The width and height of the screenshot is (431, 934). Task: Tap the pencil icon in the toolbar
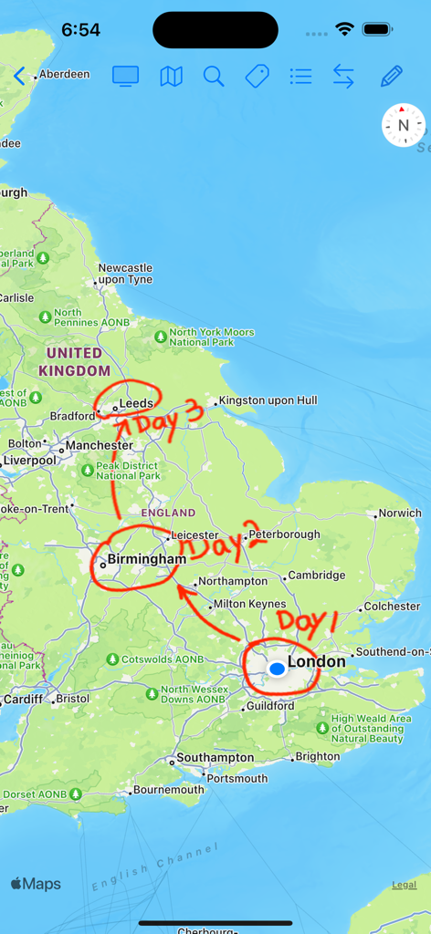point(392,77)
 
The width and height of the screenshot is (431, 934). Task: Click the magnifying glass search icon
point(214,77)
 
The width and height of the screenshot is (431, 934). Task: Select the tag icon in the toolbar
point(258,77)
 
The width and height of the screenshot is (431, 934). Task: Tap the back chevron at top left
point(20,76)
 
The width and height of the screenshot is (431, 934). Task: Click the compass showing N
point(403,125)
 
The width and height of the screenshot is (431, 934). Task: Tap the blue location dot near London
point(277,669)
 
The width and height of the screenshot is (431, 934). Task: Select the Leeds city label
point(136,403)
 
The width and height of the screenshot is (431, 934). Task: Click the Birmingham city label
point(146,558)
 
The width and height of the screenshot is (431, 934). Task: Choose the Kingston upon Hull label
point(268,400)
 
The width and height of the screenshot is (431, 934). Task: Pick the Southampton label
point(215,758)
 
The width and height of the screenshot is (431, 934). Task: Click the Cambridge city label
point(316,576)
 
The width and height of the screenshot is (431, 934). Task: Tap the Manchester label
point(99,446)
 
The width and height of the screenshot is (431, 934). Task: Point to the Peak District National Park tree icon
point(88,471)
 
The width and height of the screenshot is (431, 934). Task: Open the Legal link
point(404,885)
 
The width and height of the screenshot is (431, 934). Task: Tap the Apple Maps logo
point(36,884)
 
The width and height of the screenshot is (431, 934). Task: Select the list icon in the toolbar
point(300,77)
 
